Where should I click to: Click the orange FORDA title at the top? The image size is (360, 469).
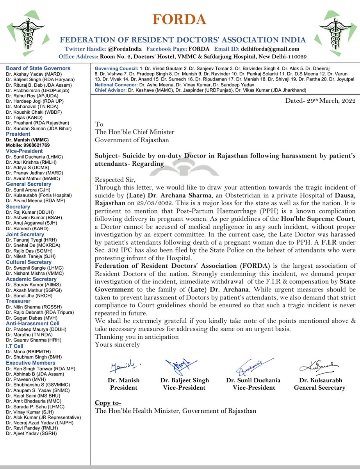tap(180, 19)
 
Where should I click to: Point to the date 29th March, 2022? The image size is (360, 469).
tap(320, 101)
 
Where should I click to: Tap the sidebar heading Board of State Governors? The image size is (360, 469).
tap(38, 68)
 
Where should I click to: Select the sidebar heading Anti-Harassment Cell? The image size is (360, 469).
tap(32, 323)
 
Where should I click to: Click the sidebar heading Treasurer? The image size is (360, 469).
tap(19, 301)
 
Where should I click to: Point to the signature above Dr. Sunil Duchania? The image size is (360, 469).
tap(250, 367)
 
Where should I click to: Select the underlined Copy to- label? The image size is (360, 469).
tap(108, 403)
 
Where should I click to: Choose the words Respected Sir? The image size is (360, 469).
tap(115, 179)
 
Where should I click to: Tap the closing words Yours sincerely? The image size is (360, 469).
tap(117, 344)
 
